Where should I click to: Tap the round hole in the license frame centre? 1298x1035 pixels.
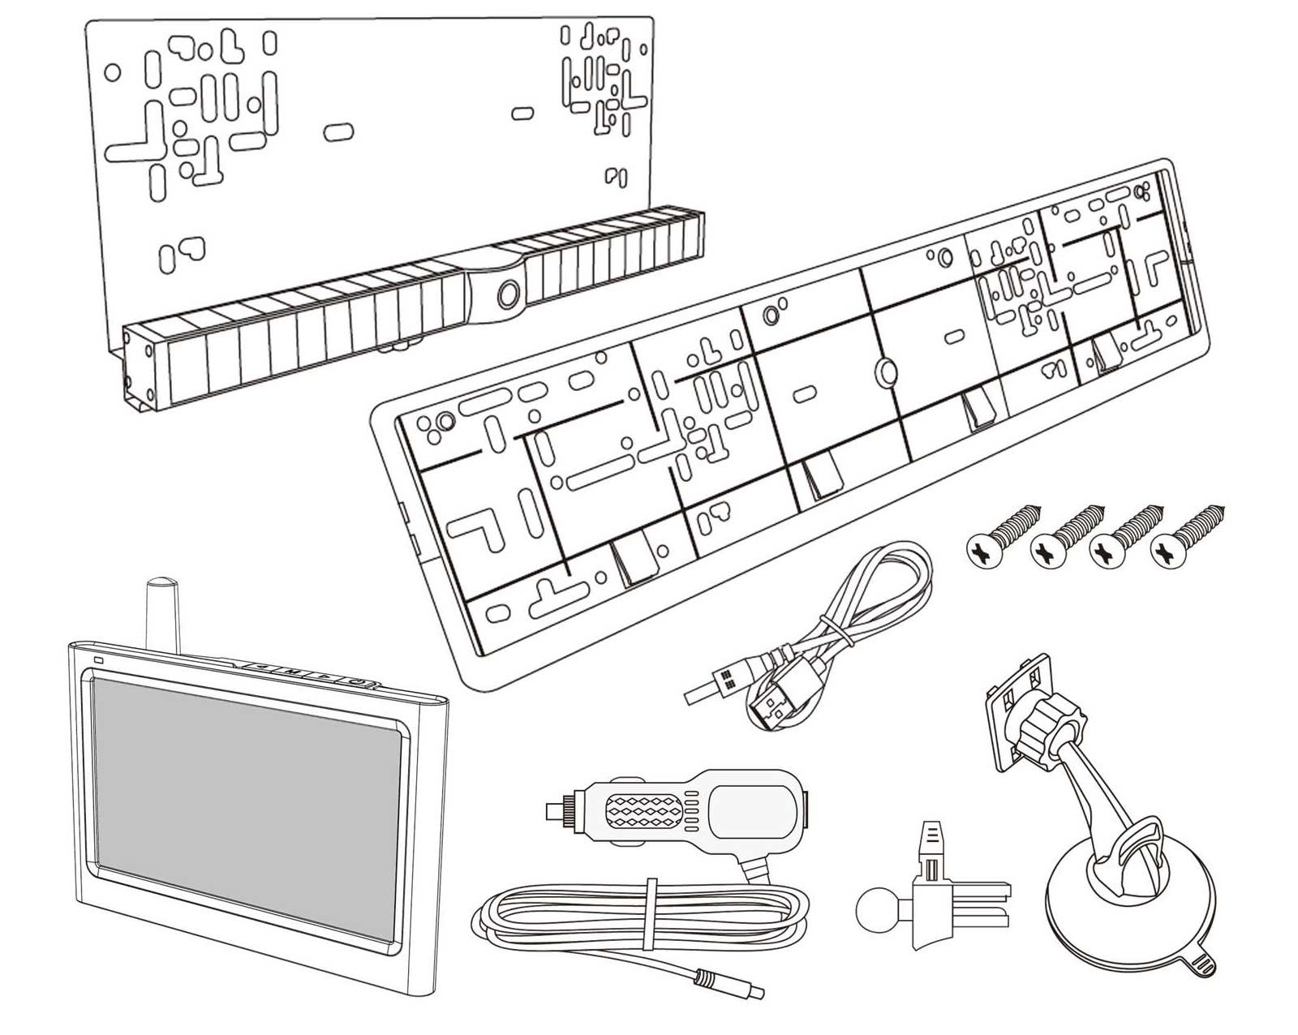[x=883, y=371]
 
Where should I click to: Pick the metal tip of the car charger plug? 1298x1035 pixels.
[x=554, y=808]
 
